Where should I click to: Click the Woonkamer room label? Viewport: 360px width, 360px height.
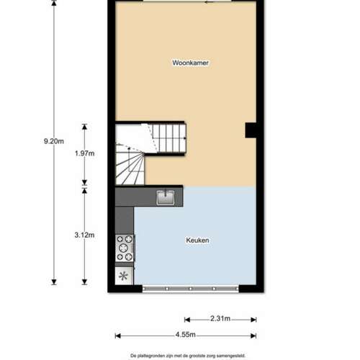(190, 63)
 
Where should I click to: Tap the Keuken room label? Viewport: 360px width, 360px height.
(197, 240)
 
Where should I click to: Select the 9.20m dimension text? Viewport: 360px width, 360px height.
(54, 141)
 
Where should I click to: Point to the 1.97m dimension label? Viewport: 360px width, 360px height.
(84, 153)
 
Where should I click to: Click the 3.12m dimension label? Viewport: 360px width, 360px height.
(84, 235)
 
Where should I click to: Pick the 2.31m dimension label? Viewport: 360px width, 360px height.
(220, 318)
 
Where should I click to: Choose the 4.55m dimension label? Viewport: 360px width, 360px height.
(185, 334)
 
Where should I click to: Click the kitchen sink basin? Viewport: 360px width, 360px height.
(166, 198)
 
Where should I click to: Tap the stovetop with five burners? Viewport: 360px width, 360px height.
(125, 248)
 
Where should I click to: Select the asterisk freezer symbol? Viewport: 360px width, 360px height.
(123, 276)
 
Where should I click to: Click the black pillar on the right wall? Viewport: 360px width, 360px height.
(251, 130)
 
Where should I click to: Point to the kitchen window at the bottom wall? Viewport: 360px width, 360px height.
(191, 289)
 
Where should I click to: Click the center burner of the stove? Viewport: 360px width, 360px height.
(124, 247)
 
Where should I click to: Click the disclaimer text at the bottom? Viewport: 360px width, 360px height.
(188, 356)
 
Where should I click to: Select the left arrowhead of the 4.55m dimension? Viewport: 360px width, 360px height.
(117, 336)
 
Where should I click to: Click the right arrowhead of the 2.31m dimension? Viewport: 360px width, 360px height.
(253, 320)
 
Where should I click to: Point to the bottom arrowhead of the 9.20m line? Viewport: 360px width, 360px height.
(54, 282)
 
